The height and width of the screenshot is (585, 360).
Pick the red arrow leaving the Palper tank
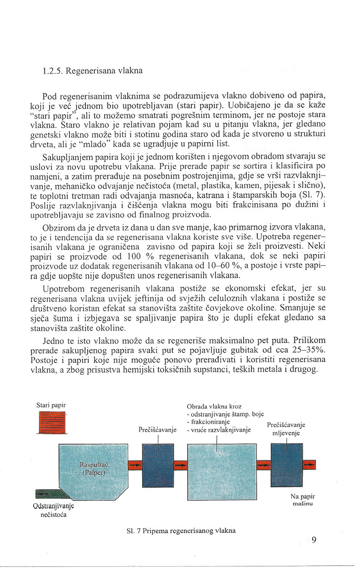coord(135,466)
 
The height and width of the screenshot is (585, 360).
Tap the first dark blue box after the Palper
coord(158,465)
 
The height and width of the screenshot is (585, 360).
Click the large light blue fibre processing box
coord(221,466)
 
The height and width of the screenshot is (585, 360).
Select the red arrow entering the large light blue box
coord(181,466)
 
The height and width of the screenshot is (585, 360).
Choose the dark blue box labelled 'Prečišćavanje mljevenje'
coord(286,465)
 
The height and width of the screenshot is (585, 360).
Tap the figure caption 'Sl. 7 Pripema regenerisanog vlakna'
coord(181,530)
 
